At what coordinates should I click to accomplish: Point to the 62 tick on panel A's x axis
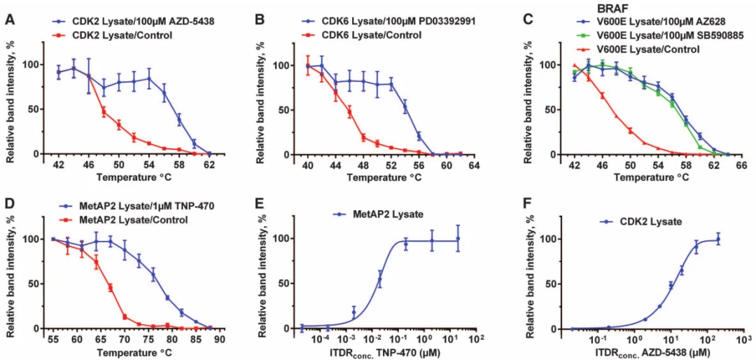[x=209, y=165]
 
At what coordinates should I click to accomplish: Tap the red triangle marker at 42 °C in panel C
[x=575, y=65]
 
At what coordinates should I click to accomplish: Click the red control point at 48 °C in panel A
[x=104, y=111]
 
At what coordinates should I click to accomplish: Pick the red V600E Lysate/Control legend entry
[x=630, y=48]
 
